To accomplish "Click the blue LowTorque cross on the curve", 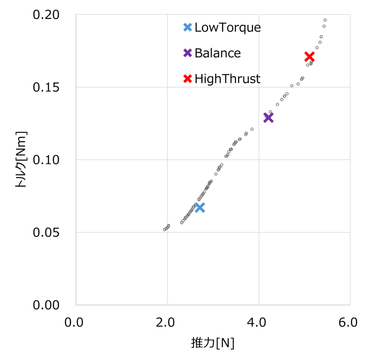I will coord(200,207).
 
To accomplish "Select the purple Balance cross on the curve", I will coord(268,118).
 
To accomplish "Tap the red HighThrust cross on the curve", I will coord(309,57).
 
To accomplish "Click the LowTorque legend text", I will coord(228,27).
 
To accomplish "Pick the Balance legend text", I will coord(218,53).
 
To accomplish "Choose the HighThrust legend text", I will coord(228,78).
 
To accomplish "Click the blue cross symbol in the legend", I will coord(188,27).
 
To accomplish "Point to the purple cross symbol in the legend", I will coord(188,53).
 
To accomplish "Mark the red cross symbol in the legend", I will coord(188,78).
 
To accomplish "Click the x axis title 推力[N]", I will coord(213,343).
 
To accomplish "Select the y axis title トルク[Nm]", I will coord(21,160).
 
